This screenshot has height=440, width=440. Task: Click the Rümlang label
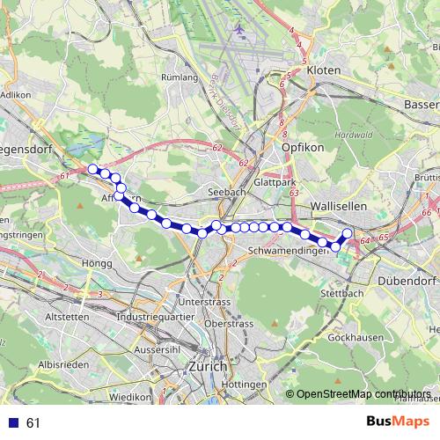pyautogui.click(x=180, y=77)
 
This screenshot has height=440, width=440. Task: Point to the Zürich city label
pyautogui.click(x=208, y=366)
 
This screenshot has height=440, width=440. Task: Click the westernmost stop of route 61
pyautogui.click(x=92, y=169)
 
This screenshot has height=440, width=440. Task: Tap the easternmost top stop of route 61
pyautogui.click(x=347, y=233)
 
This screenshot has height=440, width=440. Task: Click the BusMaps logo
pyautogui.click(x=398, y=422)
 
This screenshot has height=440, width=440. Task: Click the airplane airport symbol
pyautogui.click(x=238, y=30)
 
